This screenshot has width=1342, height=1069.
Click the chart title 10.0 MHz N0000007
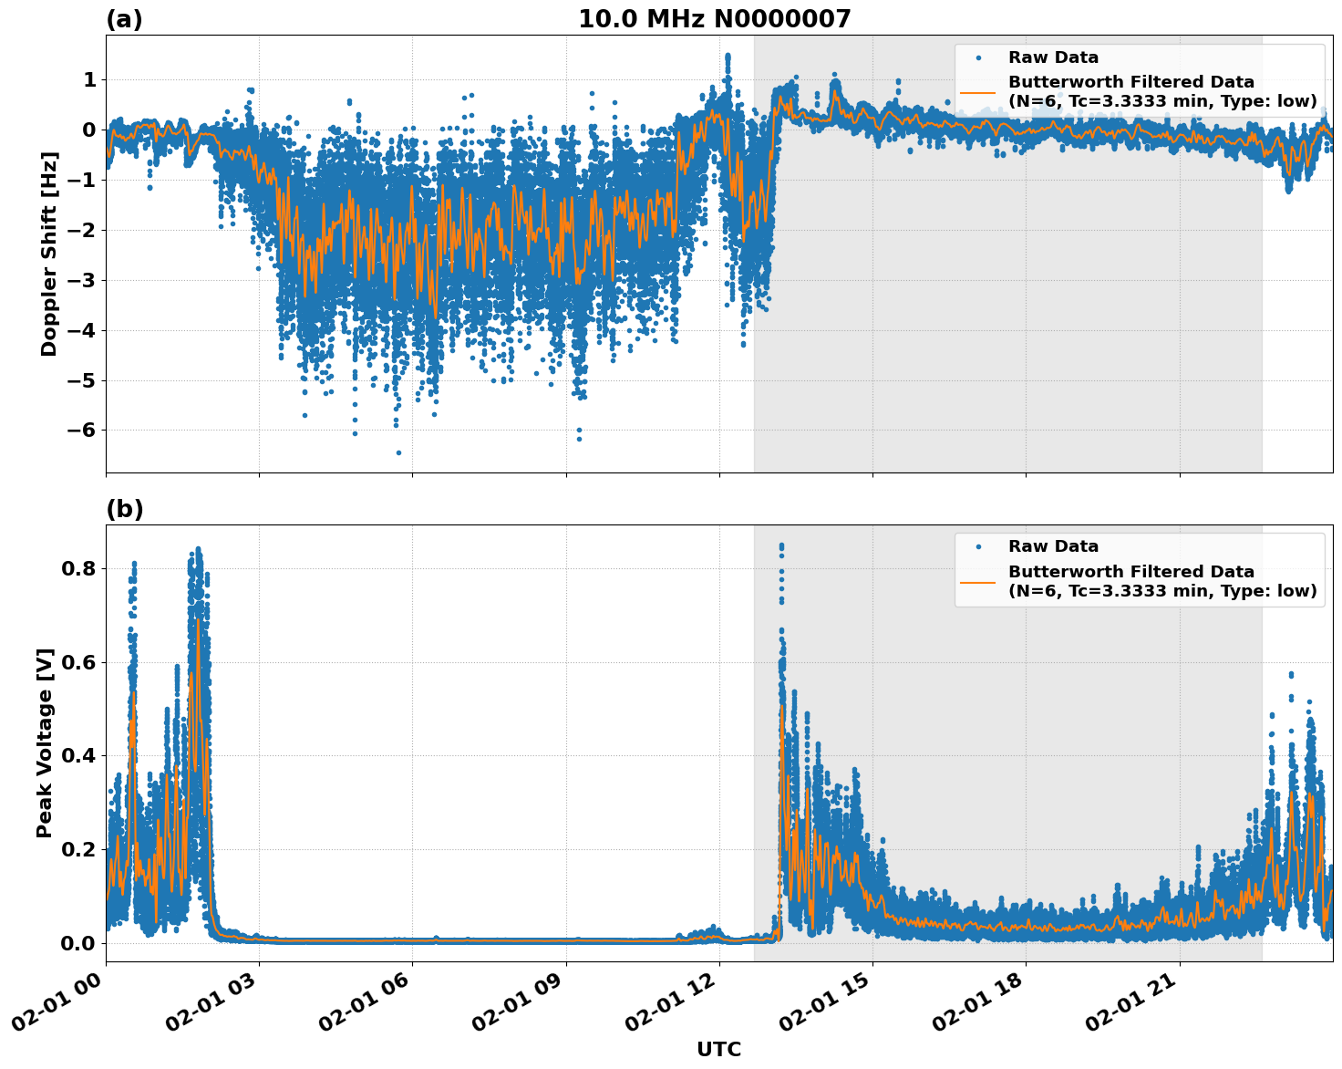[714, 19]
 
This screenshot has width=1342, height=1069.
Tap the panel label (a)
[124, 19]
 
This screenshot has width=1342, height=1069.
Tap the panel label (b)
[124, 509]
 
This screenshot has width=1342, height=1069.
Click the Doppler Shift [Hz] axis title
[49, 254]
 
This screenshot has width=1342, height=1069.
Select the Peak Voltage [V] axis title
[45, 742]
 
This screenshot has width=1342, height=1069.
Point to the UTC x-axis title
[718, 1049]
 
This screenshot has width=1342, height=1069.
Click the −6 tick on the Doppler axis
[83, 431]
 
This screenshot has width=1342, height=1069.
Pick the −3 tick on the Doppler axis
[83, 280]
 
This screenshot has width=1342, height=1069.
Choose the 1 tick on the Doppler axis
[89, 80]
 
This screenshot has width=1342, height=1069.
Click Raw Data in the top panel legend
[1053, 57]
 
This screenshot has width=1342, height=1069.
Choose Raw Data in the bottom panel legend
[1053, 546]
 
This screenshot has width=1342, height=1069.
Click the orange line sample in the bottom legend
[977, 581]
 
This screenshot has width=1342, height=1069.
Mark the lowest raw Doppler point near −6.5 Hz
[398, 452]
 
